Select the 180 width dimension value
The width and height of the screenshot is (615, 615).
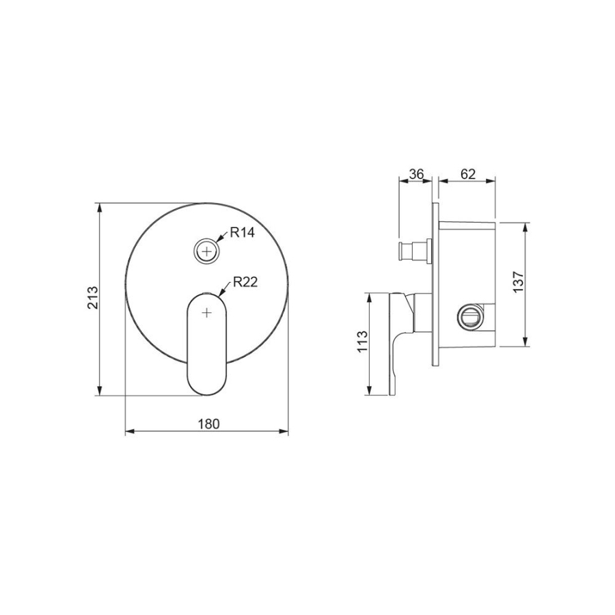pyautogui.click(x=208, y=424)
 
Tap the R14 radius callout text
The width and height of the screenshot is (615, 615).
pyautogui.click(x=242, y=232)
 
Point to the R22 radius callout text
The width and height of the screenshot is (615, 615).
pyautogui.click(x=245, y=282)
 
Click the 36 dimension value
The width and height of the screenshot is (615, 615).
pyautogui.click(x=415, y=174)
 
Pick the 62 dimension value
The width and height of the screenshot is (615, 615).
pyautogui.click(x=468, y=174)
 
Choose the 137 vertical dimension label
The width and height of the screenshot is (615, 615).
pyautogui.click(x=518, y=282)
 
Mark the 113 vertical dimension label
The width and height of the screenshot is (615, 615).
pyautogui.click(x=362, y=342)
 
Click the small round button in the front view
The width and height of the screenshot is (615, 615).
pyautogui.click(x=206, y=250)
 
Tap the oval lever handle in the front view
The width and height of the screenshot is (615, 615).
pyautogui.click(x=206, y=344)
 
